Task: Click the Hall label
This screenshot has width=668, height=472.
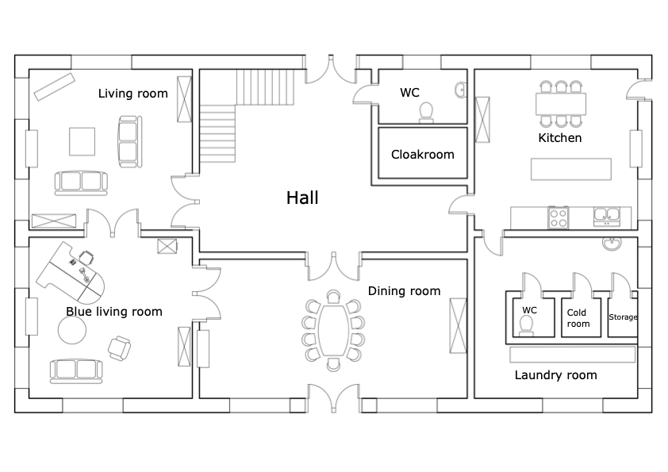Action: [x=302, y=198]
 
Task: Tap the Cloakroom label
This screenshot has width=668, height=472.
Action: [x=423, y=154]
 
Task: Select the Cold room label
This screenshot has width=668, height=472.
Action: [x=578, y=318]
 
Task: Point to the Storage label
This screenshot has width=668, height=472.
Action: [x=623, y=317]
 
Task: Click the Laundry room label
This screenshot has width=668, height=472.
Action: [x=555, y=375]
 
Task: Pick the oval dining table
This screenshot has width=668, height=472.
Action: [x=333, y=331]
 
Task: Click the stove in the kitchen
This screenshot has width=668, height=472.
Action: [x=559, y=217]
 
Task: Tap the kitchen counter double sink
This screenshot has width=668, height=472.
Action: [x=607, y=217]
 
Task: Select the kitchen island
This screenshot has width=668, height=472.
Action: [x=571, y=169]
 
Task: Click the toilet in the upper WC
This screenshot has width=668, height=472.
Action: [x=426, y=113]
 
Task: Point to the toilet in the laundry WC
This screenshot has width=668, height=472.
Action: [x=528, y=326]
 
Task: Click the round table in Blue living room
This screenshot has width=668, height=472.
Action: [x=72, y=330]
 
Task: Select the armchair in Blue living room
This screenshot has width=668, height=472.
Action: [x=119, y=348]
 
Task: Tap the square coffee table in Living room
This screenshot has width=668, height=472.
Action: [x=83, y=141]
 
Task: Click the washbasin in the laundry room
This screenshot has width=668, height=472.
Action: [x=612, y=244]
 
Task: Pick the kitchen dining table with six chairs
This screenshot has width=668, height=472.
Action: [x=561, y=104]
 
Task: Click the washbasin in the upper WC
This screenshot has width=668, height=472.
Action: [x=460, y=90]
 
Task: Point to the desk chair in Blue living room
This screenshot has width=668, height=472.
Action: [x=86, y=257]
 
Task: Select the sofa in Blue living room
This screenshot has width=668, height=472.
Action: [x=76, y=371]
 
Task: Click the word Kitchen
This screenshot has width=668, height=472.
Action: [x=560, y=137]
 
